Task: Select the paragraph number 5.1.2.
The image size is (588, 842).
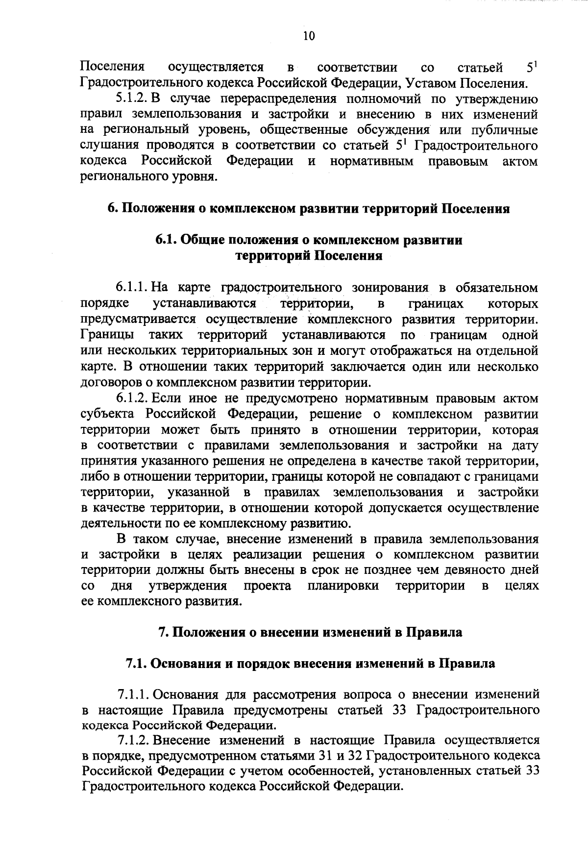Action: pyautogui.click(x=132, y=99)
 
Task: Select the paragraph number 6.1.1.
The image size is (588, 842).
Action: pyautogui.click(x=132, y=288)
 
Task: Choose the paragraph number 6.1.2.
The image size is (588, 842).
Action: pyautogui.click(x=132, y=398)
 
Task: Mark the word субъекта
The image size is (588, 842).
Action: pyautogui.click(x=108, y=414)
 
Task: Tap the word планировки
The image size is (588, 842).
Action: pyautogui.click(x=343, y=586)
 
